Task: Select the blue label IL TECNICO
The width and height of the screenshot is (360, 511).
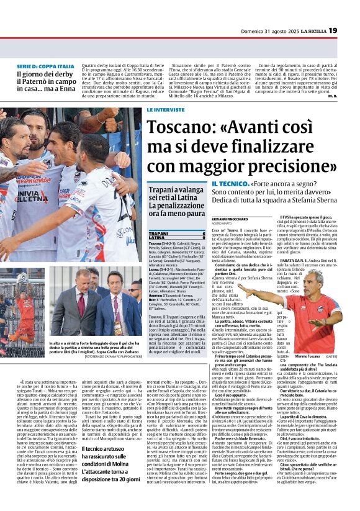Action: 231,185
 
